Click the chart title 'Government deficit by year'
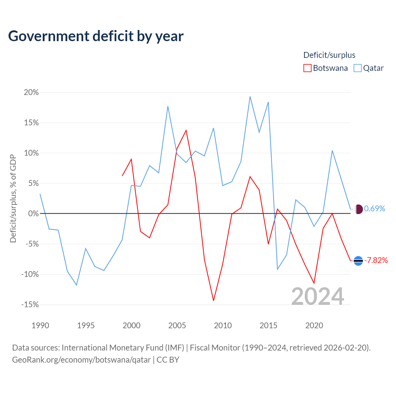[96, 36]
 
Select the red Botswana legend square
[307, 68]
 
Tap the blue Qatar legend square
[357, 68]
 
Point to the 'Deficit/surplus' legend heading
[329, 55]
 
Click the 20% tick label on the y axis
[31, 92]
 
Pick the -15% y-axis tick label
[30, 304]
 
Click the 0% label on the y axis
[33, 213]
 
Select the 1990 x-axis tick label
[40, 325]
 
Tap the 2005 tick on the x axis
[177, 325]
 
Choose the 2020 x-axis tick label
[314, 325]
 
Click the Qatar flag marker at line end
[359, 209]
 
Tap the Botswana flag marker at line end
[358, 261]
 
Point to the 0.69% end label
[374, 209]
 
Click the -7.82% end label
[376, 260]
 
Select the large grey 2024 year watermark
[317, 296]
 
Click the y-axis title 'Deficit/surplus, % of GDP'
[13, 198]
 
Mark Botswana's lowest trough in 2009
[213, 300]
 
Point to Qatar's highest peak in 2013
[250, 97]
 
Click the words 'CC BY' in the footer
[168, 359]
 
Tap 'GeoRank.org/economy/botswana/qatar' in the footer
[81, 360]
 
